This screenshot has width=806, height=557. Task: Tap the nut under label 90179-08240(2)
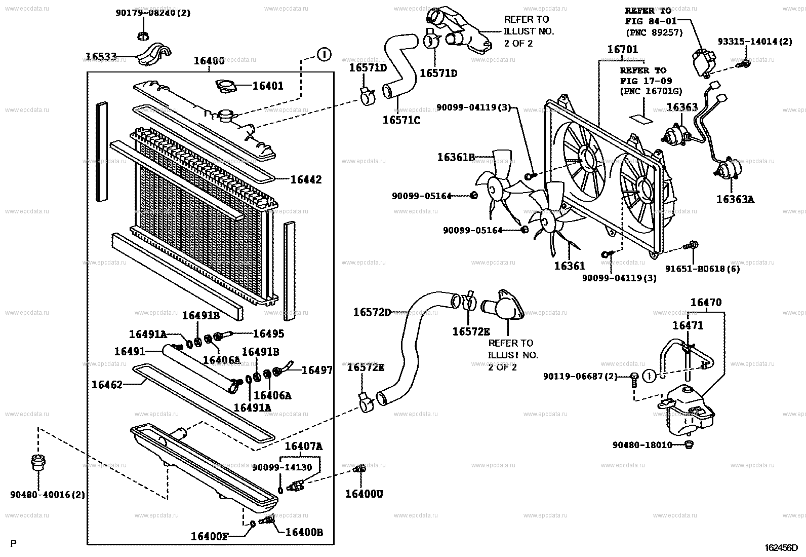point(143,35)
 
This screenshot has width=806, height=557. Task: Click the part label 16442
point(306,179)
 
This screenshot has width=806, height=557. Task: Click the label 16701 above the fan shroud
point(623,50)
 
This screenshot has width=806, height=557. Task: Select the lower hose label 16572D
point(372,313)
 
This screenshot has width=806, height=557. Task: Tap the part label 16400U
point(364,493)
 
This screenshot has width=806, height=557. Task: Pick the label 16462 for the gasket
point(107,385)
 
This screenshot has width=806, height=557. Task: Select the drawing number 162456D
point(781,548)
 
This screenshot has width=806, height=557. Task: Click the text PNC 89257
point(654,32)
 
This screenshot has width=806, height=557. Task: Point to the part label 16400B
point(304,532)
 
